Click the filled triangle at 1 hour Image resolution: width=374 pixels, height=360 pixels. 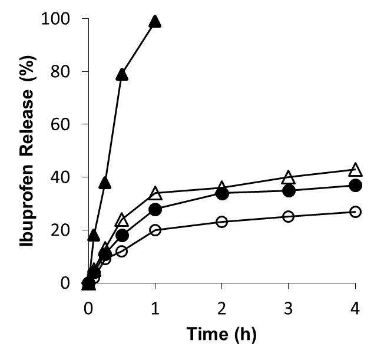(155, 22)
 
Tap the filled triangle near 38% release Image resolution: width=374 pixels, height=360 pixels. (105, 183)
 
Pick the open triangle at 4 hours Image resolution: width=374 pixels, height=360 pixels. (355, 170)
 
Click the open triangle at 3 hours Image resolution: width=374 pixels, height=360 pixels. (289, 177)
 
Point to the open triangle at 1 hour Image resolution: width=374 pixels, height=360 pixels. (155, 193)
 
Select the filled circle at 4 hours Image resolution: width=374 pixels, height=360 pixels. (355, 185)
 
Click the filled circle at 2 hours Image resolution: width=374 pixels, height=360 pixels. (222, 193)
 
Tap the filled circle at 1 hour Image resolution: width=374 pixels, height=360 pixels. (155, 209)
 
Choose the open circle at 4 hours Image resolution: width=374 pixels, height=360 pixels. (355, 212)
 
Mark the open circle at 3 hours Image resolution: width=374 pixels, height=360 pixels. (289, 217)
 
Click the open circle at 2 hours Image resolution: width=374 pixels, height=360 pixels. (222, 222)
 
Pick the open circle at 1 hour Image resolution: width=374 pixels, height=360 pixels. (155, 230)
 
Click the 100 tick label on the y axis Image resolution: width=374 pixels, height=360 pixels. (57, 19)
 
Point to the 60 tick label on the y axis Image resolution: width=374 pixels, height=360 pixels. (61, 124)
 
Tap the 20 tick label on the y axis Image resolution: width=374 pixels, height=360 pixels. (61, 230)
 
